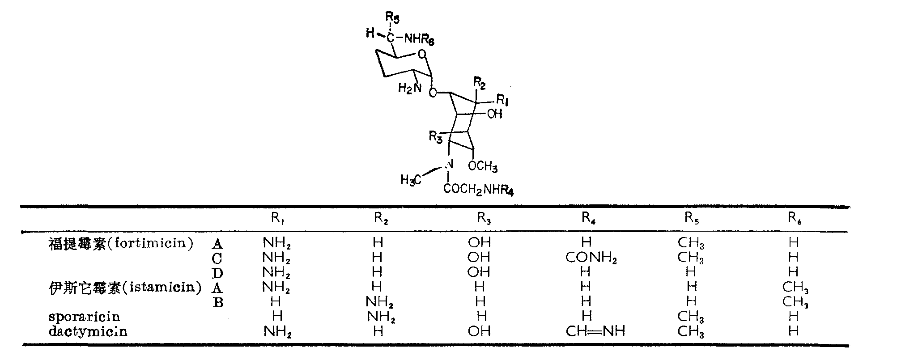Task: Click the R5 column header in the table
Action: [x=692, y=219]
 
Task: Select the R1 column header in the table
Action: [x=278, y=219]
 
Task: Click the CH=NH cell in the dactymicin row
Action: [x=595, y=331]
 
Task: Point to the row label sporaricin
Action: [x=84, y=317]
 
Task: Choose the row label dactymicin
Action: [x=88, y=331]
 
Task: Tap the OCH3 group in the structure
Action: [x=483, y=167]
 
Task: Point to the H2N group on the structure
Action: [x=410, y=88]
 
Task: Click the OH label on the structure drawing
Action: [x=494, y=114]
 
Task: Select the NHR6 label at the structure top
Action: [x=419, y=40]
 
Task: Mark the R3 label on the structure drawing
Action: [x=435, y=136]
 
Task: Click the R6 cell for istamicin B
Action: [x=795, y=302]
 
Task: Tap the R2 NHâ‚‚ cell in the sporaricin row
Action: [x=380, y=317]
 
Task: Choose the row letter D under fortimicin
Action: [x=217, y=273]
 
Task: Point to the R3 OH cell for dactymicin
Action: [x=479, y=331]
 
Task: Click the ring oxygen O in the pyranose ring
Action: [x=421, y=55]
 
